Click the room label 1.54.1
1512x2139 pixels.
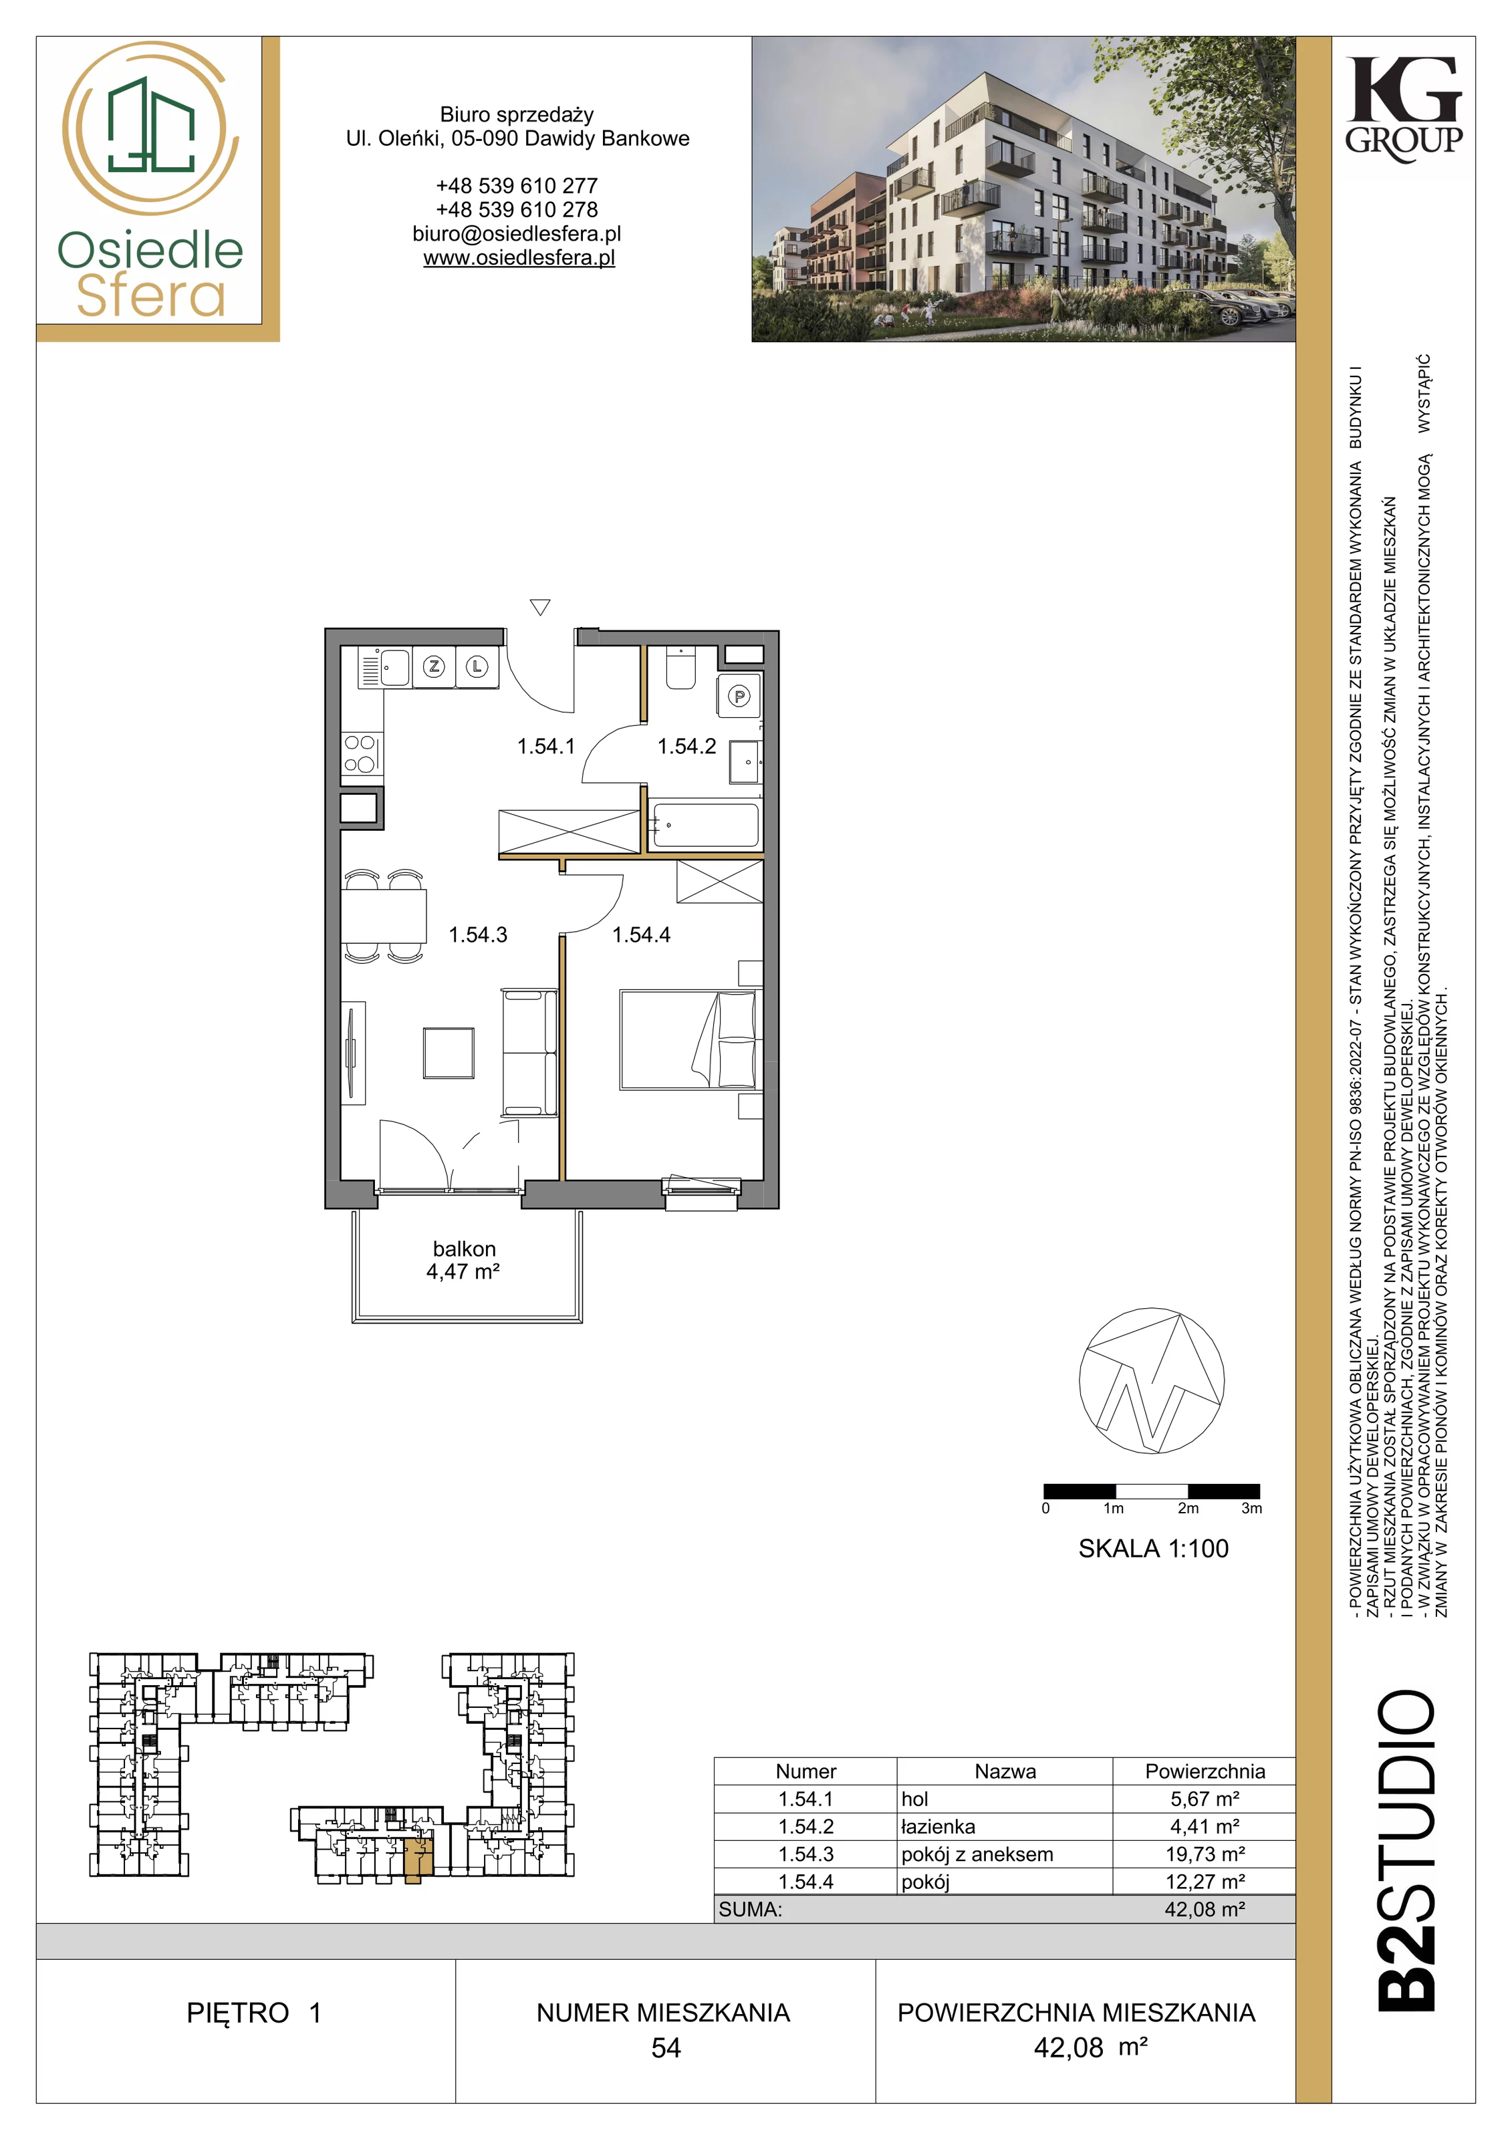(546, 746)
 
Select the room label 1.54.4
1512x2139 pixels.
(641, 934)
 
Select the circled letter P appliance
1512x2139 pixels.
(740, 696)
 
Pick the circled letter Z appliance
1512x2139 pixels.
(434, 666)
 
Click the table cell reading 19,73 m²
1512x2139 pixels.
(1205, 1854)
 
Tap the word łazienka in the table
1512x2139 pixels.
(938, 1827)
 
